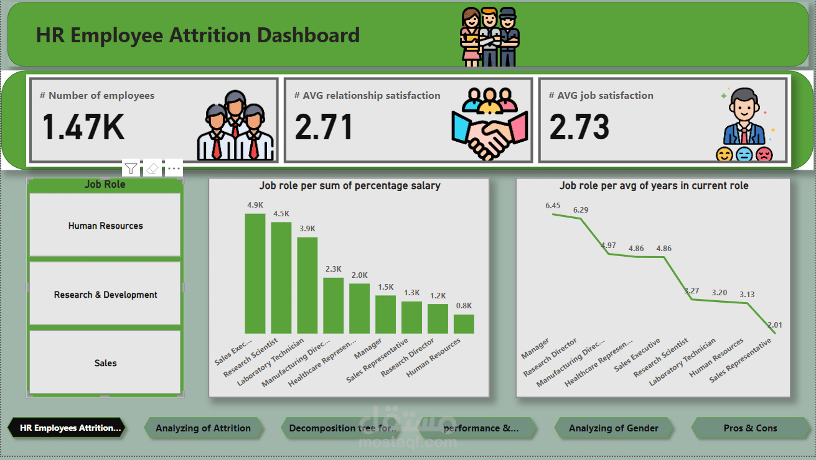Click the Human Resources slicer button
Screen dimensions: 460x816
(105, 226)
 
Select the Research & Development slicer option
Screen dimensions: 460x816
(105, 295)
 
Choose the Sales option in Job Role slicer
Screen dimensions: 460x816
(105, 363)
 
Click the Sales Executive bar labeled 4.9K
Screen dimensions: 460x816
(255, 274)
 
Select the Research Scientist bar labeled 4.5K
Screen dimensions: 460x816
(281, 278)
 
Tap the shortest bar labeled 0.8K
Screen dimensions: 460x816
(464, 324)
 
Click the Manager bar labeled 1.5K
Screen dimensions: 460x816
(385, 315)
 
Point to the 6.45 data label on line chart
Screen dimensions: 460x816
(553, 206)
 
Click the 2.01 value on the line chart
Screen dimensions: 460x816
(775, 325)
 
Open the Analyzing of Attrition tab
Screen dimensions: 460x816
(203, 428)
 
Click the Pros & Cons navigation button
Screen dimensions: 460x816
(750, 428)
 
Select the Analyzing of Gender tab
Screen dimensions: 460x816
(613, 428)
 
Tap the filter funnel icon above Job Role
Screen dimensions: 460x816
(131, 168)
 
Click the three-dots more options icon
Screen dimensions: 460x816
(174, 168)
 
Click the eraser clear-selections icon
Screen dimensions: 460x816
(152, 168)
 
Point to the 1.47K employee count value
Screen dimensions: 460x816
(83, 127)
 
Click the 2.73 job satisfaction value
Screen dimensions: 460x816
(579, 127)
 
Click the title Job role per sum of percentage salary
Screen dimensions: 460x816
(349, 186)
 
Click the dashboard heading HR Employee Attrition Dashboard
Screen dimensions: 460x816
(198, 35)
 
